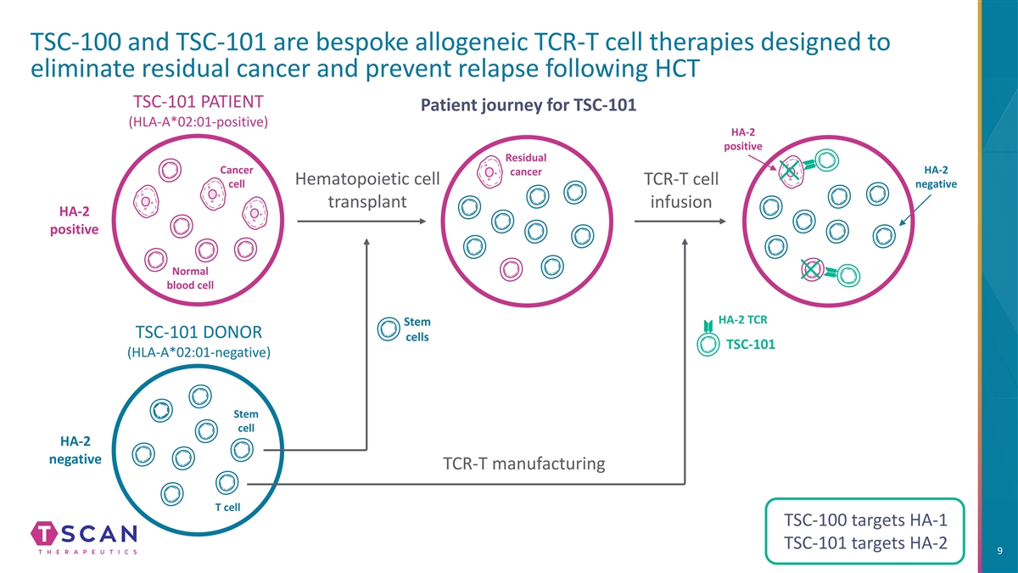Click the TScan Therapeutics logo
click(84, 538)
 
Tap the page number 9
click(1001, 553)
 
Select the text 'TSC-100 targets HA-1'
click(865, 520)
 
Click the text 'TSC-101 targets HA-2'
click(865, 544)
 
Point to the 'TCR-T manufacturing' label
click(523, 463)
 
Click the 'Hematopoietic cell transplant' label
click(366, 192)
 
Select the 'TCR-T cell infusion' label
click(681, 192)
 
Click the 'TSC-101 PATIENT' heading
click(198, 98)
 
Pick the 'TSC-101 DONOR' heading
click(199, 331)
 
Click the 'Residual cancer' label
click(526, 166)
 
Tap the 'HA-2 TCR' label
click(743, 320)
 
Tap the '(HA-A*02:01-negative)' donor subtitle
click(199, 352)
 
